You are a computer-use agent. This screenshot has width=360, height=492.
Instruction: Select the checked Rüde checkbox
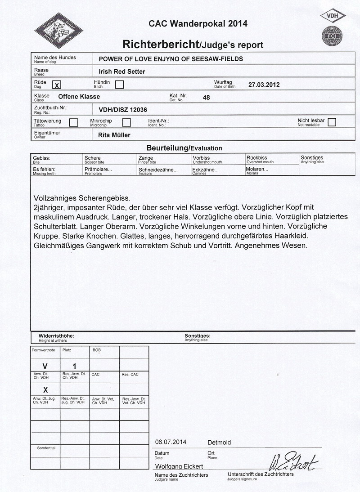click(x=57, y=85)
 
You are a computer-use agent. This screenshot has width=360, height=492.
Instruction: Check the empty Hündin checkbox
click(x=119, y=85)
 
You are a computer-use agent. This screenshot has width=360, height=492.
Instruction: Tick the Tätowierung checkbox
click(x=73, y=122)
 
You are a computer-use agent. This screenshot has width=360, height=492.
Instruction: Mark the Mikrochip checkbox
click(x=126, y=122)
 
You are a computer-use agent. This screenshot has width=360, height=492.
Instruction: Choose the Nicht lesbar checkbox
click(x=332, y=122)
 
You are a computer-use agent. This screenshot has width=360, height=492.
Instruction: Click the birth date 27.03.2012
click(x=264, y=84)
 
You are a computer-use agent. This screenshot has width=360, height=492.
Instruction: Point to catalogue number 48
click(x=207, y=97)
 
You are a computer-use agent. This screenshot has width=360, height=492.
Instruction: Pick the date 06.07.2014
click(x=171, y=442)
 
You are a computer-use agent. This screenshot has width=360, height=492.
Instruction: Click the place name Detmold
click(x=219, y=442)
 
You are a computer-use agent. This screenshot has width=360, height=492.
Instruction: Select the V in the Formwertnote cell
click(x=45, y=366)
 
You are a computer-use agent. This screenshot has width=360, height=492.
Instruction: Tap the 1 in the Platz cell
click(x=75, y=366)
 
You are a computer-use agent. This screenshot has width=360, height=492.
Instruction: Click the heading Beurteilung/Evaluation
click(x=184, y=148)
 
